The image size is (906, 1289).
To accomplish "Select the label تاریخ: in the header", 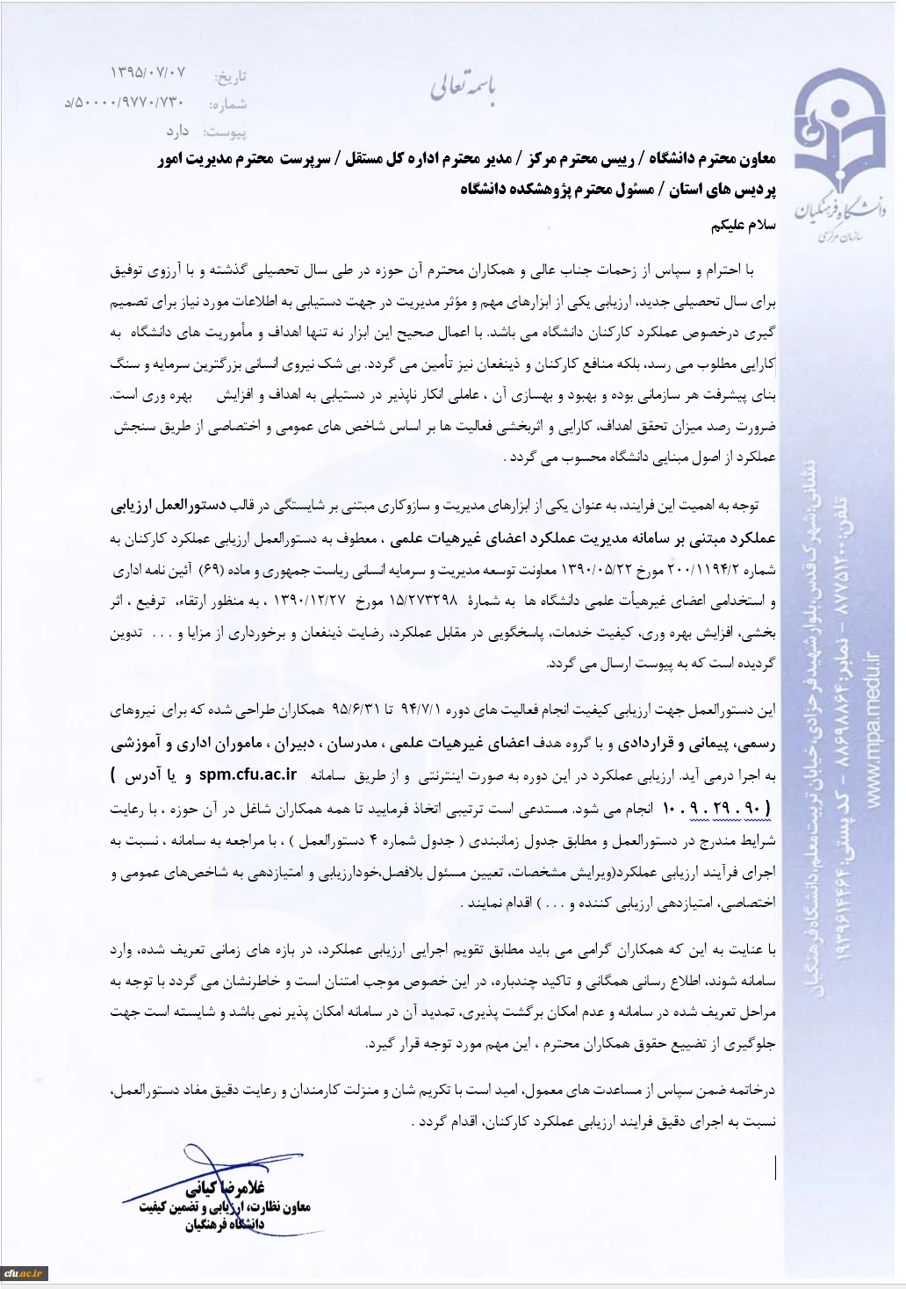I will [231, 77].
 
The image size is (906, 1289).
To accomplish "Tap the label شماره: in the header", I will [227, 104].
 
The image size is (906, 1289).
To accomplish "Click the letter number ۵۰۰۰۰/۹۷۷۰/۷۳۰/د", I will [124, 104].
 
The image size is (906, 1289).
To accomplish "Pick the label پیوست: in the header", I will [225, 132].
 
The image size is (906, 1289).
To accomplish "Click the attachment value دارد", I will [177, 131].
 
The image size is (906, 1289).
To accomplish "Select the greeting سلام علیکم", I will [744, 224].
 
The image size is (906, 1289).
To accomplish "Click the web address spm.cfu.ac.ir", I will [248, 774].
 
